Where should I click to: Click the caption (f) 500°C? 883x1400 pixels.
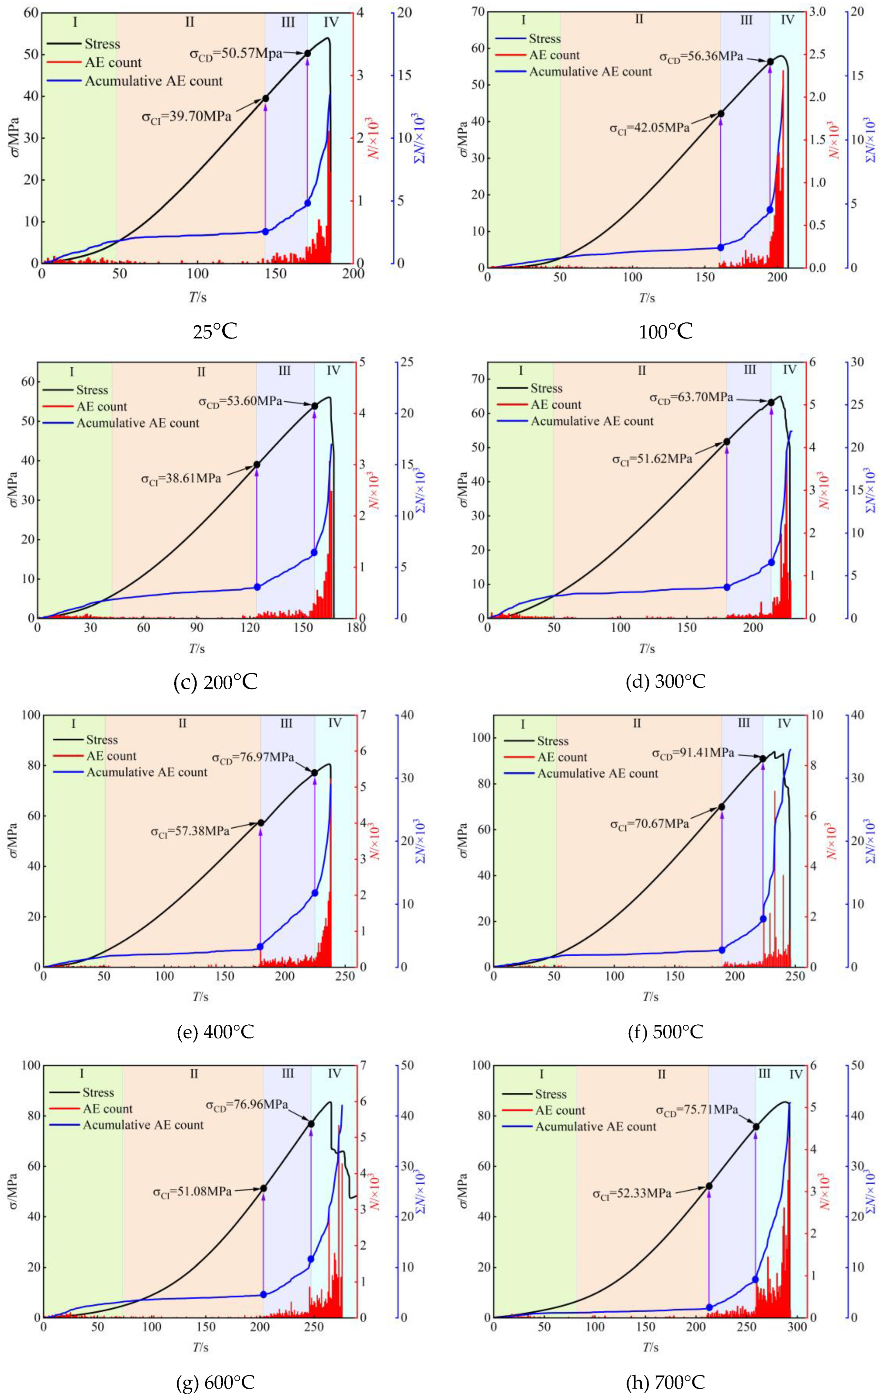666,1031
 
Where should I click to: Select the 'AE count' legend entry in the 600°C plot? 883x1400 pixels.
108,1109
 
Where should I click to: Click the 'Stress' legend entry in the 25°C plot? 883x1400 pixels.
102,44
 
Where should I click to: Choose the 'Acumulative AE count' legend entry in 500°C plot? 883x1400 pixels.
597,773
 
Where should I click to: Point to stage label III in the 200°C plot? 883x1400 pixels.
285,371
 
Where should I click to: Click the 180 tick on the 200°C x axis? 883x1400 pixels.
356,627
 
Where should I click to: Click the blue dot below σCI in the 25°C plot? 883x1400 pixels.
265,232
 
